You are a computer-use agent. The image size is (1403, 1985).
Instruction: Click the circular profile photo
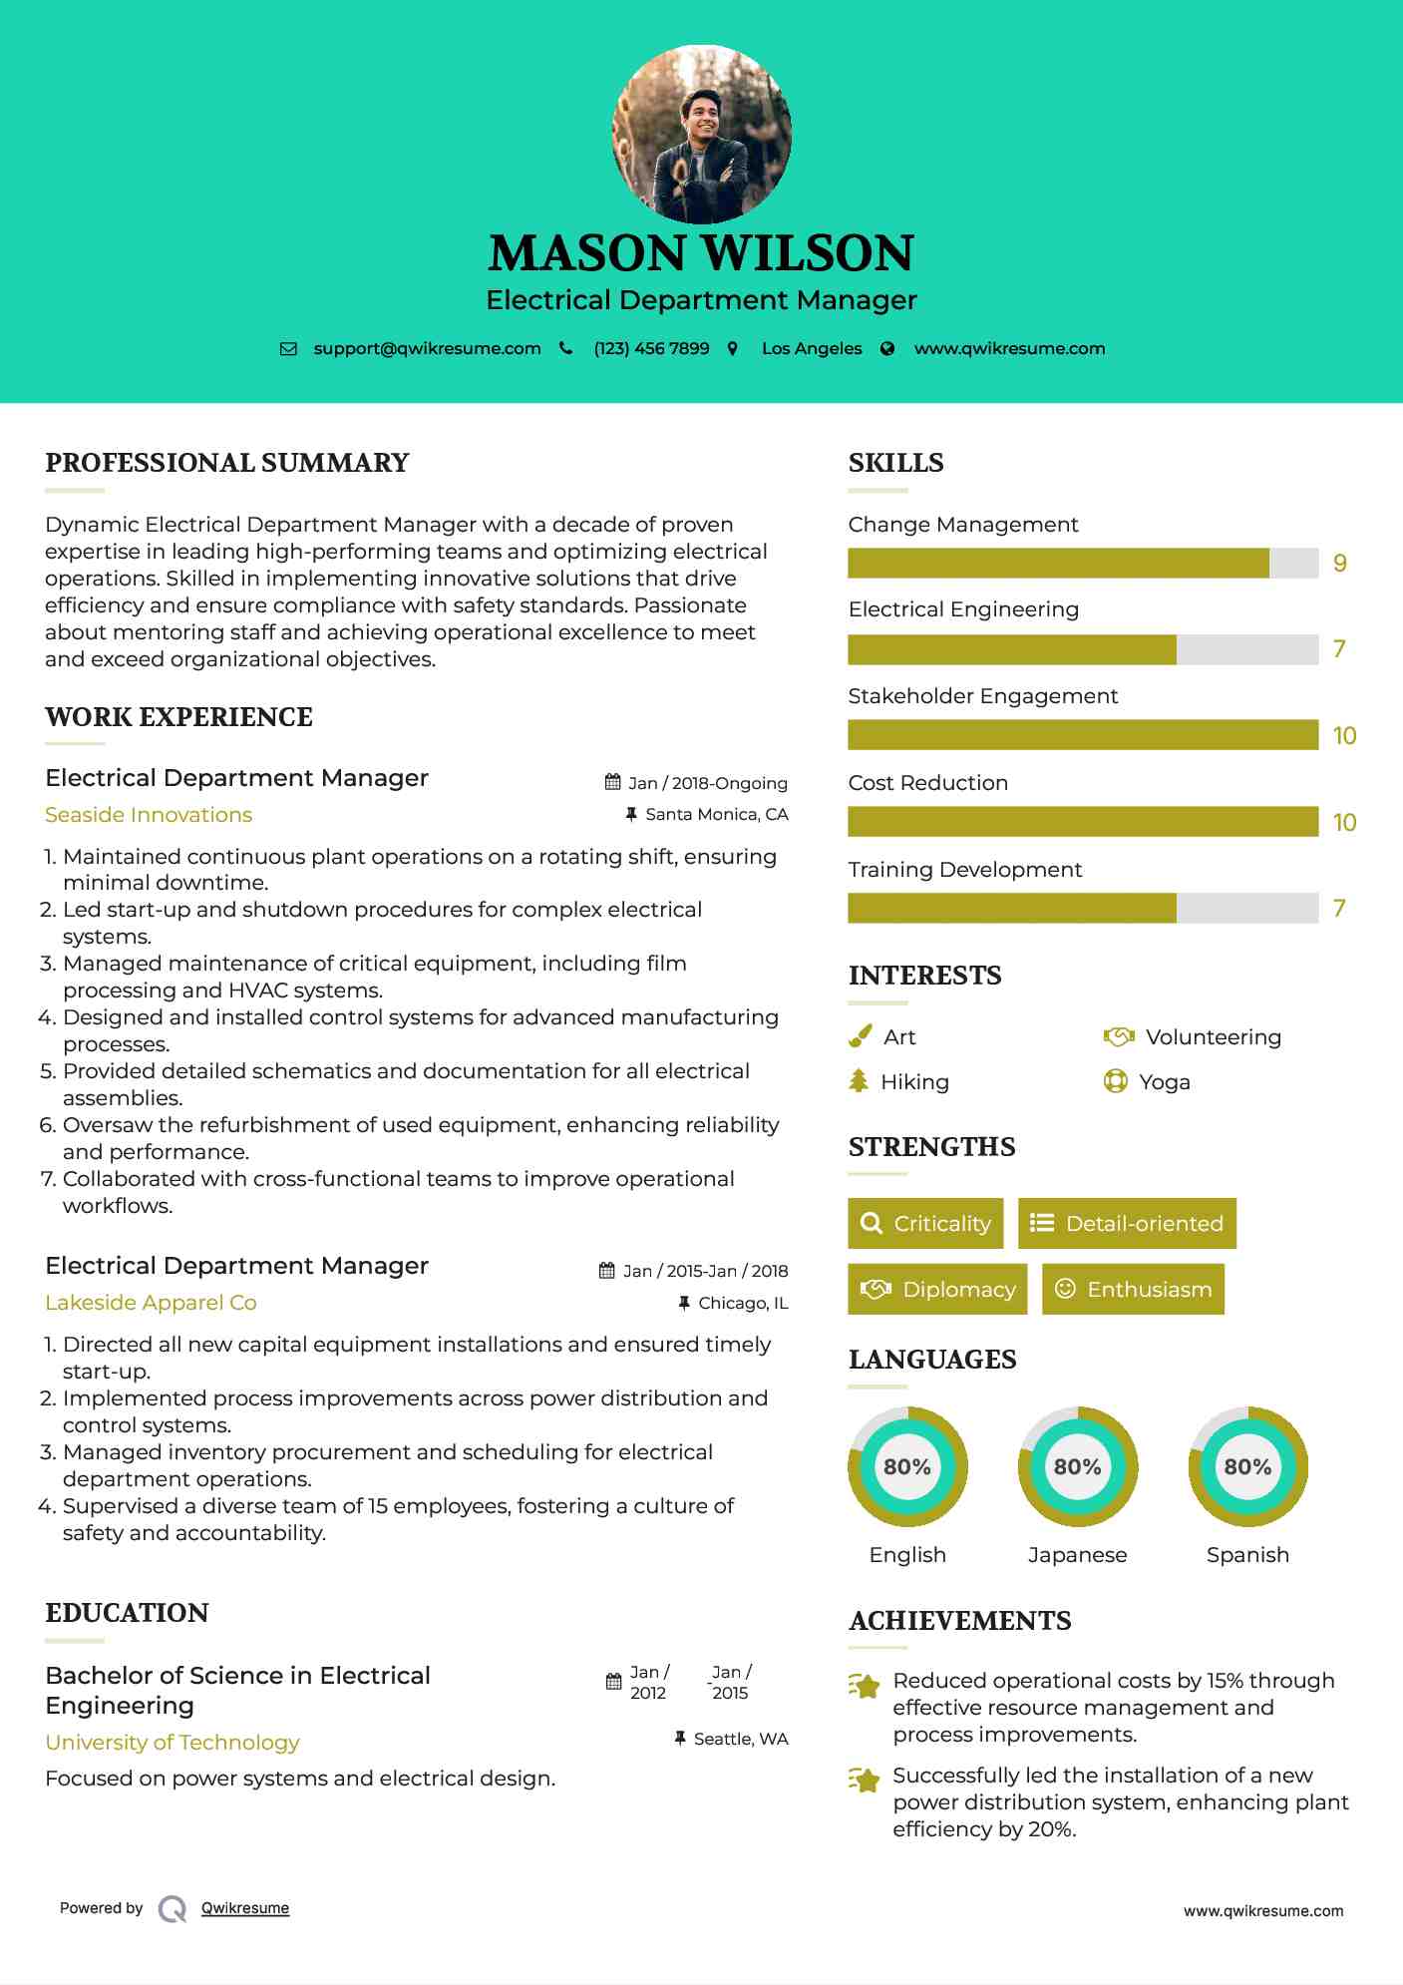click(702, 134)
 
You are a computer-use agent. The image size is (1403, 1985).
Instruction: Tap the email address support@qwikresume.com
click(427, 349)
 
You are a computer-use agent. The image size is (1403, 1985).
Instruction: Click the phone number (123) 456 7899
click(651, 349)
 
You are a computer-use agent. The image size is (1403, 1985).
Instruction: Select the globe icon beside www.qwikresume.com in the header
click(887, 349)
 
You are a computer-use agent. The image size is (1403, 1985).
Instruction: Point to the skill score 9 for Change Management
click(1340, 564)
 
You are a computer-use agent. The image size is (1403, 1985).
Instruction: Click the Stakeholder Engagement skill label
click(982, 696)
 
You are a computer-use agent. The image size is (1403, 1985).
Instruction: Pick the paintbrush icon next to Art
click(860, 1037)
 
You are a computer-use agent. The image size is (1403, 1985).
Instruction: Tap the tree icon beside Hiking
click(859, 1081)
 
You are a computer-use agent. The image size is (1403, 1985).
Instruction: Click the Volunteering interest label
click(1213, 1037)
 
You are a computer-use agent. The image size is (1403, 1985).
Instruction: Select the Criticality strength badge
click(925, 1224)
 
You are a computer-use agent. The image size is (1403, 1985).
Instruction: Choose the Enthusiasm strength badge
click(1133, 1290)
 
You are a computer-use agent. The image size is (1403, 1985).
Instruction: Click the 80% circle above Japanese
click(1077, 1467)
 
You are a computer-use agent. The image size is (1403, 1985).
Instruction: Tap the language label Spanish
click(1247, 1555)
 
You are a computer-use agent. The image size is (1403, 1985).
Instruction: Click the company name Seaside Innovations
click(149, 815)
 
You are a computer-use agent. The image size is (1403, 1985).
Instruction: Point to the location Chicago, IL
click(743, 1304)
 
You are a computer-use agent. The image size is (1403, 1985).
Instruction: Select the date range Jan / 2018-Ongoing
click(707, 784)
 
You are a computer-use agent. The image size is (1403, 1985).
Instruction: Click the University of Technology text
click(173, 1743)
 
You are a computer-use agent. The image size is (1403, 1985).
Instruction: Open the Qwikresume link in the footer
click(245, 1908)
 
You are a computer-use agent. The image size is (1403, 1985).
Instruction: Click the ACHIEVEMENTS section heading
click(959, 1621)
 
